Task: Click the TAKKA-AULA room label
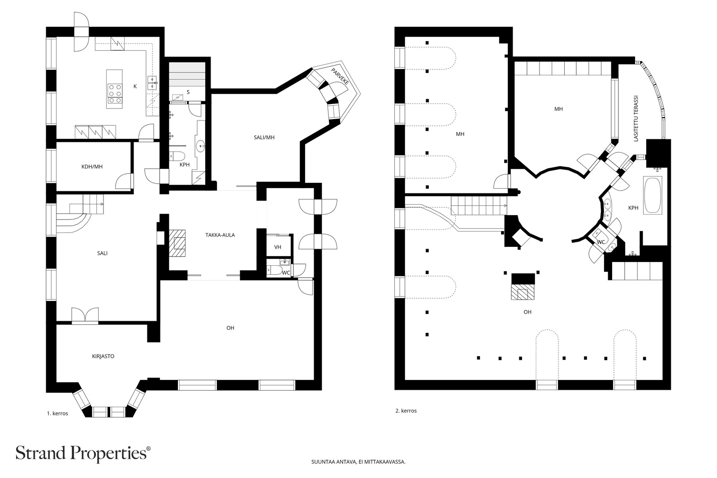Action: pyautogui.click(x=220, y=235)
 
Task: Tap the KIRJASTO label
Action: pyautogui.click(x=103, y=356)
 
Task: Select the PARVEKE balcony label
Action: pyautogui.click(x=340, y=76)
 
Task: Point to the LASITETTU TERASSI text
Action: pyautogui.click(x=636, y=118)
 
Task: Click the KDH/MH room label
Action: pyautogui.click(x=92, y=166)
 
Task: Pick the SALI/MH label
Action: pyautogui.click(x=264, y=137)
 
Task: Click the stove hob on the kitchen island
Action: pyautogui.click(x=115, y=94)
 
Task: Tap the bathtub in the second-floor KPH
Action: pyautogui.click(x=652, y=195)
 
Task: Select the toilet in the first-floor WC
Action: pyautogui.click(x=273, y=270)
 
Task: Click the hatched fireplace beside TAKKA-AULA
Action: pyautogui.click(x=177, y=243)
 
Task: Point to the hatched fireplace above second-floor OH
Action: pyautogui.click(x=523, y=292)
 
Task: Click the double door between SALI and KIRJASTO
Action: pyautogui.click(x=85, y=315)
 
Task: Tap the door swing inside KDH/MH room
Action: pyautogui.click(x=124, y=181)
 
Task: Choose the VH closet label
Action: pyautogui.click(x=277, y=247)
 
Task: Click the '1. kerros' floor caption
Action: pyautogui.click(x=58, y=413)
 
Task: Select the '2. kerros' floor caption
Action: pyautogui.click(x=406, y=410)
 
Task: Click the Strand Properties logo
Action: pyautogui.click(x=83, y=453)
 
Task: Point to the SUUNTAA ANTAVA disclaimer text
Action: pyautogui.click(x=358, y=462)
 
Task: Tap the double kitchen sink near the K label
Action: pyautogui.click(x=152, y=82)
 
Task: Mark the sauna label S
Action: pyautogui.click(x=188, y=92)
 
